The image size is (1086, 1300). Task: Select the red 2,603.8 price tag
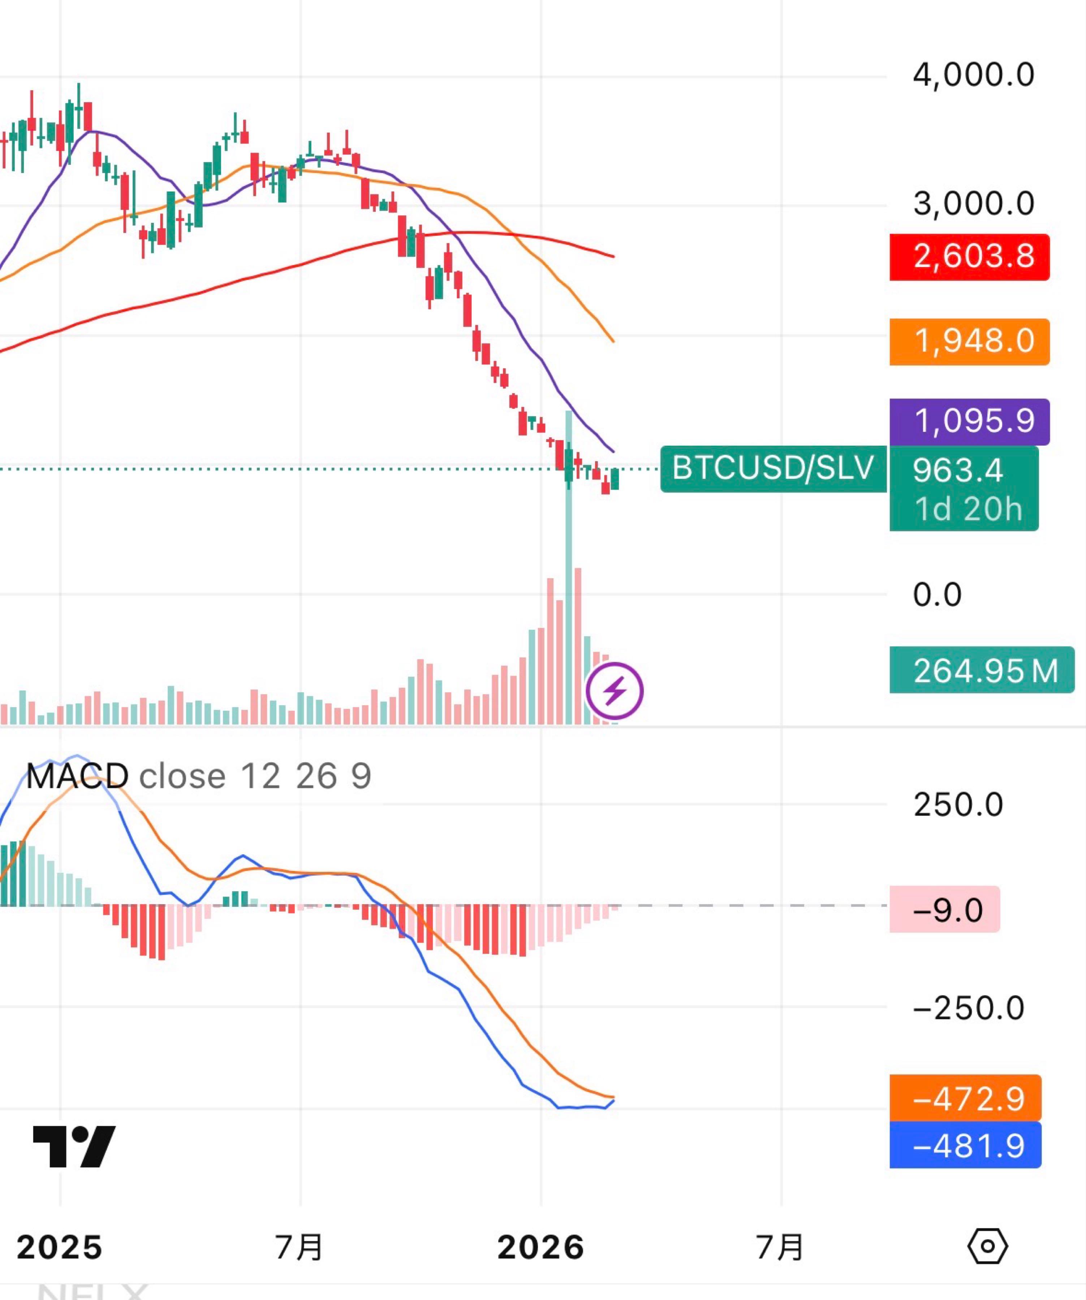[x=969, y=257]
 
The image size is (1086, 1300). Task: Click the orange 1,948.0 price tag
[x=969, y=342]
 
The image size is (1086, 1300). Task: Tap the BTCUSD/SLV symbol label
[x=773, y=469]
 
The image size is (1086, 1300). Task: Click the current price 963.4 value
[x=957, y=471]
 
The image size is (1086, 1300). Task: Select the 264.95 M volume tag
[x=981, y=671]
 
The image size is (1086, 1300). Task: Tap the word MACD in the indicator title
[x=77, y=776]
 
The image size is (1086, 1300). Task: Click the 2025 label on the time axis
[x=60, y=1247]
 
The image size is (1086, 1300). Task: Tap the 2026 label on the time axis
[x=540, y=1247]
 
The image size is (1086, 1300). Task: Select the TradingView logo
[x=74, y=1147]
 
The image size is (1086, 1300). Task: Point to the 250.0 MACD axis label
[x=958, y=805]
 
